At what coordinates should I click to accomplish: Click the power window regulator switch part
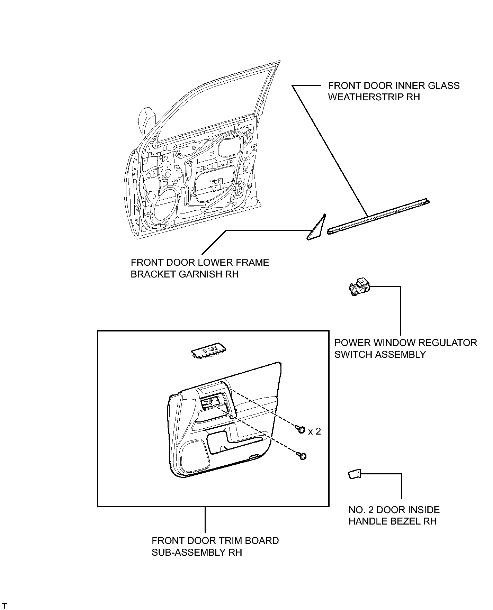point(360,287)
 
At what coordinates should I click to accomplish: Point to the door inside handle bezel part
point(355,474)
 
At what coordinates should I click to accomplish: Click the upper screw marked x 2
point(301,429)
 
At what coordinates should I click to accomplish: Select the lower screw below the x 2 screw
point(302,456)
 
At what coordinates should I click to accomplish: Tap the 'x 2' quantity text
point(314,431)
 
